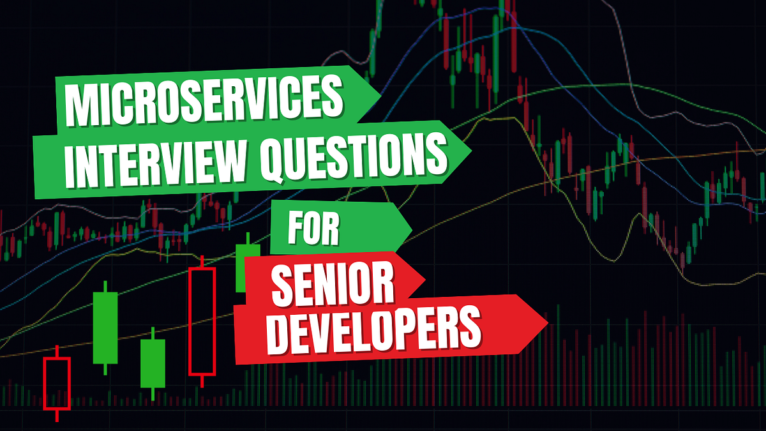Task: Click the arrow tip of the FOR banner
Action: point(411,227)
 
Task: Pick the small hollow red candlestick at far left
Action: point(56,383)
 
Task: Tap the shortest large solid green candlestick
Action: point(153,363)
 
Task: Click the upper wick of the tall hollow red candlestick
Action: point(202,262)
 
